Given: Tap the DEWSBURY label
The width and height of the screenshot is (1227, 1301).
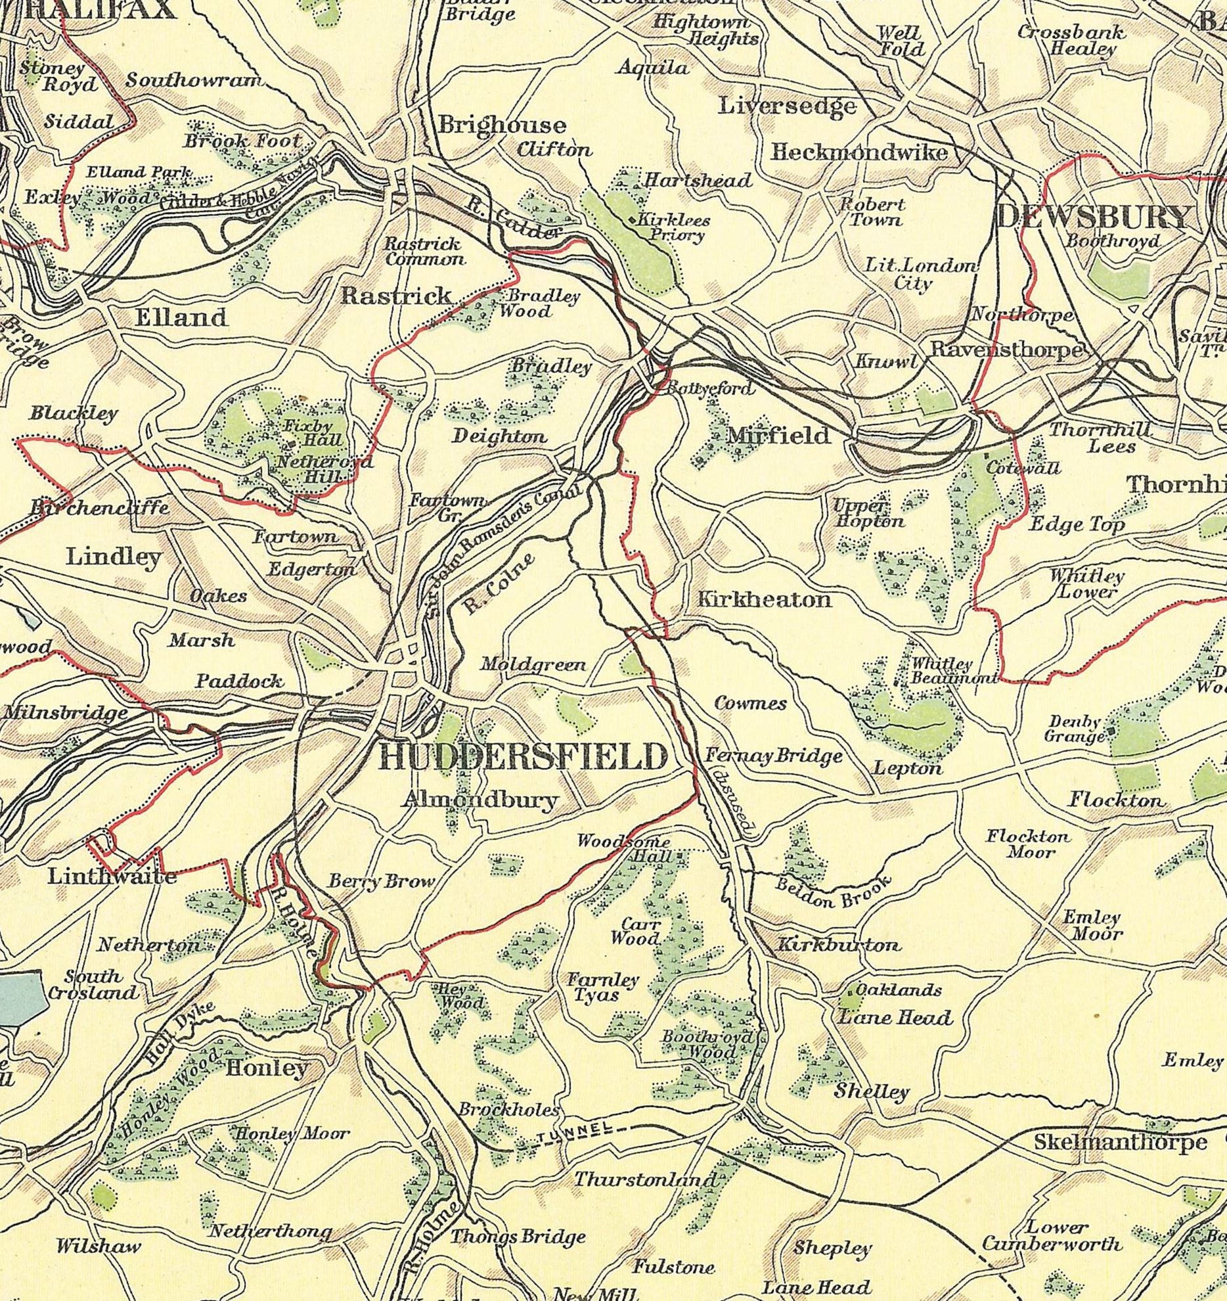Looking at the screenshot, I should (1093, 217).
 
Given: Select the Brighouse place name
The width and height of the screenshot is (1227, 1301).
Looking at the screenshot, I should (502, 125).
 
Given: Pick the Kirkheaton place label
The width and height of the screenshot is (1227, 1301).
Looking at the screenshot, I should (763, 599).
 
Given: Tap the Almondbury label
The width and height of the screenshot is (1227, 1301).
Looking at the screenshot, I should (480, 800).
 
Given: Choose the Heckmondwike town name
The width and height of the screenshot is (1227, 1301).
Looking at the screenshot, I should (859, 153).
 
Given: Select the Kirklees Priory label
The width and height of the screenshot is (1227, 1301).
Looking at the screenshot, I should (669, 227).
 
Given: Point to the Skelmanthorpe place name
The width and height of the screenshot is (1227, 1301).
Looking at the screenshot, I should (1120, 1142).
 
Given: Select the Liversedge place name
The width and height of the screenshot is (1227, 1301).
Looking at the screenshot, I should (787, 106).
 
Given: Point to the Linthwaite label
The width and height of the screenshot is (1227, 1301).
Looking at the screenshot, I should (112, 877).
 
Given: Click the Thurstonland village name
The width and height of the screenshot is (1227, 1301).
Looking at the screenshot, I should (644, 1179).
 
